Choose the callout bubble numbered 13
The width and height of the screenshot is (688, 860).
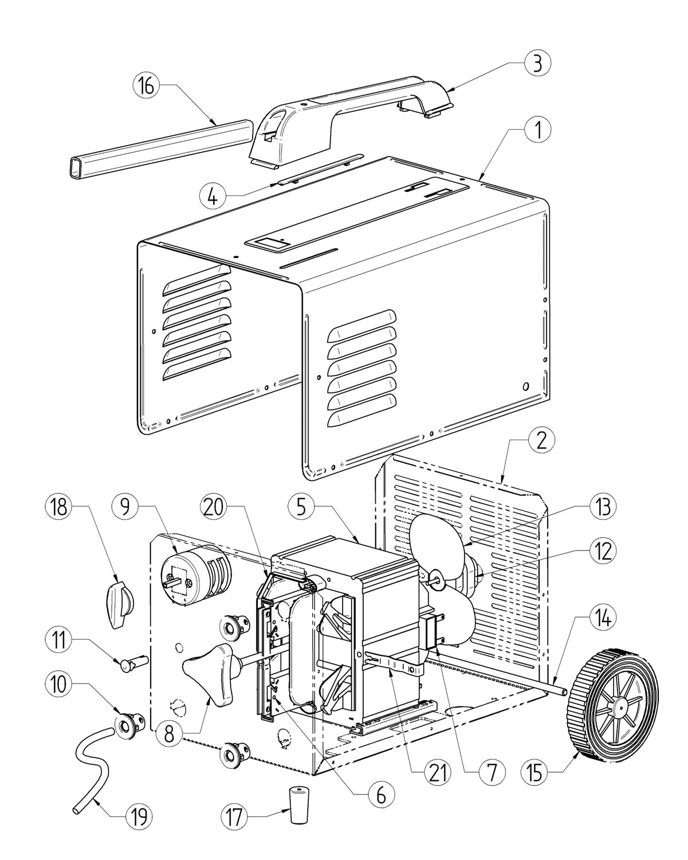coord(603,507)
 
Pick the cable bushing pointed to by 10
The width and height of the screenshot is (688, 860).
coord(130,724)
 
